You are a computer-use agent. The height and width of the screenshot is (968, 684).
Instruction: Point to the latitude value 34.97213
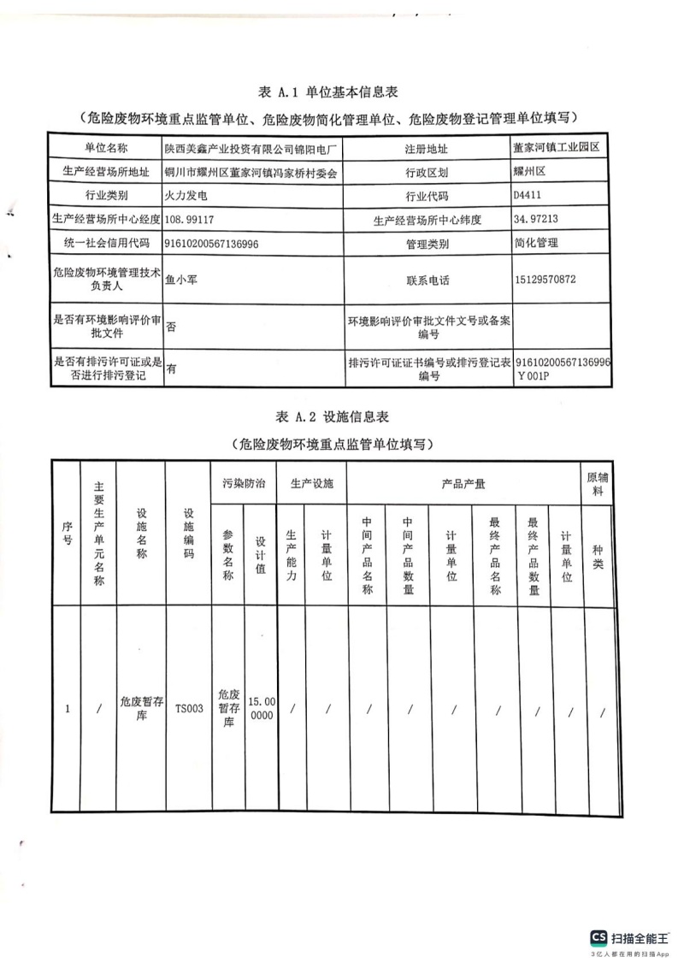536,220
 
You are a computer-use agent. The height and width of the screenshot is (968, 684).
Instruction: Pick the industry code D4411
528,196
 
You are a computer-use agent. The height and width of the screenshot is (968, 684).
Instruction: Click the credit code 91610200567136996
212,244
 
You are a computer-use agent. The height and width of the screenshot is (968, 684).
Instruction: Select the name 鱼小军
181,280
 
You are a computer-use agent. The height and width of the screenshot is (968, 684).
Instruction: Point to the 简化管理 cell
536,244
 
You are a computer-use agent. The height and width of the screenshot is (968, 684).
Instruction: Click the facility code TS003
189,708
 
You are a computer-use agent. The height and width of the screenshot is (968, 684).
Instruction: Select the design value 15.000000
261,708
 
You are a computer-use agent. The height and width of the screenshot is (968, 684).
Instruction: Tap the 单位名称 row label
106,148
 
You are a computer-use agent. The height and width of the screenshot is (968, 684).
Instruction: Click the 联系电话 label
427,280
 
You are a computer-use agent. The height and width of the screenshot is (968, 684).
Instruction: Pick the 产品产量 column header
463,484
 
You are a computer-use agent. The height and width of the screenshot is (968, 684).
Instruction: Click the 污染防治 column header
244,484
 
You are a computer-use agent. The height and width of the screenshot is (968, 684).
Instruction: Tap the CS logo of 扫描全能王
598,937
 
